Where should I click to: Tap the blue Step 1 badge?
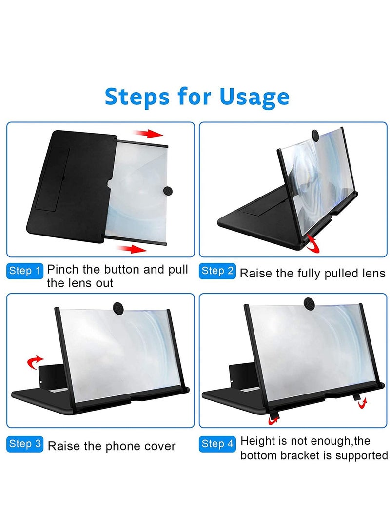tap(24, 271)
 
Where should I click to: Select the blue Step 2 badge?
tap(217, 271)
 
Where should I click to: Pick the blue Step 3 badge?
tap(24, 444)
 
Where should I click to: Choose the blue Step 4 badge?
tap(217, 444)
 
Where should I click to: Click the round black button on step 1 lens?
tap(168, 190)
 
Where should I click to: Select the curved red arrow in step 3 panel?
tap(35, 361)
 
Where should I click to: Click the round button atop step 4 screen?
tap(308, 302)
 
